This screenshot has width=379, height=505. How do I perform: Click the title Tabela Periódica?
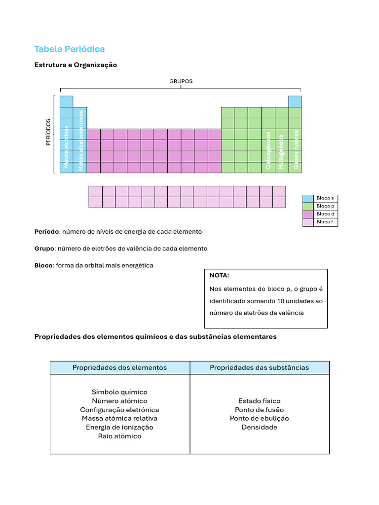pos(69,49)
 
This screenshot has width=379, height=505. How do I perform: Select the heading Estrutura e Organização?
pos(76,65)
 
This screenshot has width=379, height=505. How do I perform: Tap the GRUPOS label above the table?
pos(181,81)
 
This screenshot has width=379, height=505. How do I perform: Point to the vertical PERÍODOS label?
pos(48,132)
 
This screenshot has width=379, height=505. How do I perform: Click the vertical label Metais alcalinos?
pos(67,146)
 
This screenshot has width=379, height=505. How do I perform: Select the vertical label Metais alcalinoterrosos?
pos(80,140)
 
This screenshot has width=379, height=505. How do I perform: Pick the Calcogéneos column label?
pos(268,150)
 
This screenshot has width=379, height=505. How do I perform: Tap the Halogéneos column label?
pos(281,151)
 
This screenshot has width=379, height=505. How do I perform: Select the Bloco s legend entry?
pos(325,198)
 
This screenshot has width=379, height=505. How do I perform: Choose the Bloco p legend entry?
pos(325,206)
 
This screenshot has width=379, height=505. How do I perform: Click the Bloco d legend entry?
pos(325,214)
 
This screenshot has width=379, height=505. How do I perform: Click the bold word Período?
pos(46,231)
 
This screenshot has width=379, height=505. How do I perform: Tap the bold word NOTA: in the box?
pos(219,276)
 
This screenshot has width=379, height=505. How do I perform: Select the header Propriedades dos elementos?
pos(119,367)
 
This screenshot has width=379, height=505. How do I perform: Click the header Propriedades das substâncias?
pos(259,367)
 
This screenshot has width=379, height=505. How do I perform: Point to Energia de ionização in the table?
pos(119,427)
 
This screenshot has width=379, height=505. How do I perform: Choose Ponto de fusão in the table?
pos(259,410)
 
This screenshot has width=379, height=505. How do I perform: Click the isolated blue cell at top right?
pos(295,102)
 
